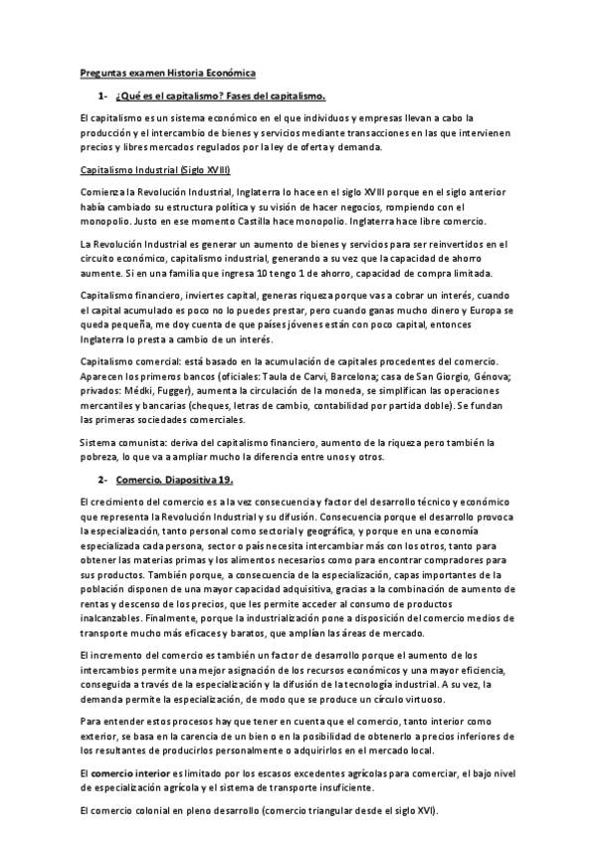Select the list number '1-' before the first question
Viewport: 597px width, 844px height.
click(102, 96)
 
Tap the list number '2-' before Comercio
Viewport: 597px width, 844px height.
click(102, 479)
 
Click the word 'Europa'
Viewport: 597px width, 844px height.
click(478, 311)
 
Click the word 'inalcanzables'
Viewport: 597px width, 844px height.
click(113, 617)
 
